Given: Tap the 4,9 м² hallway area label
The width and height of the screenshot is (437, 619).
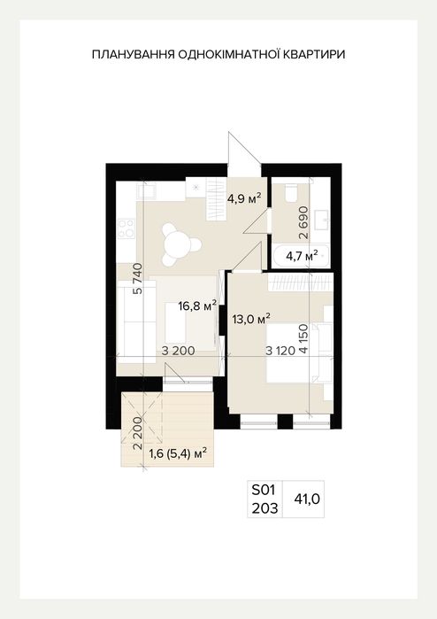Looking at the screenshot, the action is click(244, 197).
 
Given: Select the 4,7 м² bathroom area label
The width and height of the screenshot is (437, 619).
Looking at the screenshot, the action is click(303, 257).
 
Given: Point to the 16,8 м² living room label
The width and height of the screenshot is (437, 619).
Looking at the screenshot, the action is click(197, 306).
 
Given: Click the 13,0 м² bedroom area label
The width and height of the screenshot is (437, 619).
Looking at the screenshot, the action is click(251, 318).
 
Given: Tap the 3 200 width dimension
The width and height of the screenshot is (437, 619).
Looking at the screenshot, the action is click(179, 351).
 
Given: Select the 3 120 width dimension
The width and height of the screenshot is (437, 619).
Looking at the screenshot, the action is click(280, 351).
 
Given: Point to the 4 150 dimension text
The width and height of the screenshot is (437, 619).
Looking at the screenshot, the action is click(303, 338).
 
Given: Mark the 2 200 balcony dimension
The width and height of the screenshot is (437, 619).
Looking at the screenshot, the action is click(137, 433).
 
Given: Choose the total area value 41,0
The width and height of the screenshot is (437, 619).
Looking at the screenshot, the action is click(307, 499).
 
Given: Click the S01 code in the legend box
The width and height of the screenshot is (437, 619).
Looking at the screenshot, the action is click(263, 491).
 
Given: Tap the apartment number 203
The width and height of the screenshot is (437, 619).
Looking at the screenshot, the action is click(264, 508).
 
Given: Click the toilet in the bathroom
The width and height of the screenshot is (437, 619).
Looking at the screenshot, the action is click(292, 192).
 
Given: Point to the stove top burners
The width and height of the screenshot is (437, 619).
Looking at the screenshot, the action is click(127, 228).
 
